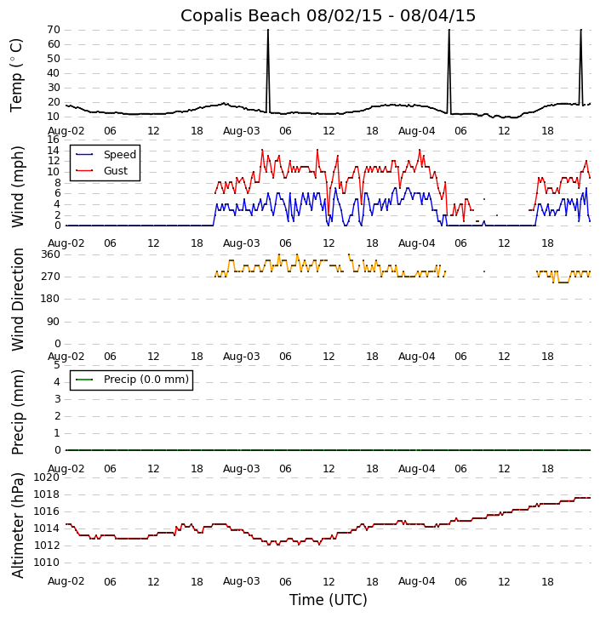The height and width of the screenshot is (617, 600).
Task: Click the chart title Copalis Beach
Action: (x=328, y=15)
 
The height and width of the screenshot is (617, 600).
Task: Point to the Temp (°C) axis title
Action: (x=17, y=74)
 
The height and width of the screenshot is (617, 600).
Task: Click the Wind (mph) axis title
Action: (x=18, y=186)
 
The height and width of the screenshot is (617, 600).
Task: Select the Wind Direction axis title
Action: (x=18, y=299)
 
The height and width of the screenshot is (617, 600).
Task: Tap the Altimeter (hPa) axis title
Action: (x=18, y=524)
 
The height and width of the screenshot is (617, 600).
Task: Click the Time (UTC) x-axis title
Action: (x=328, y=600)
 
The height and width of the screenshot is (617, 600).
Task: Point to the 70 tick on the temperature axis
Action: (x=52, y=30)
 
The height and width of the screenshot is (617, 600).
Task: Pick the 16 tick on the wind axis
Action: (x=52, y=139)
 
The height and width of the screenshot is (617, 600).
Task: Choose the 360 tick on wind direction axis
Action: (x=49, y=254)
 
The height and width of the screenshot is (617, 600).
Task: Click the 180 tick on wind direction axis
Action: (x=49, y=299)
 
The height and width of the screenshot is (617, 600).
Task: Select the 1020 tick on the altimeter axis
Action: (x=46, y=477)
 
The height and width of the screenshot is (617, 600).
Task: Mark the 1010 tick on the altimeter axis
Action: (x=46, y=563)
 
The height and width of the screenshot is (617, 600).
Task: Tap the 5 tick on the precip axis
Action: (x=56, y=365)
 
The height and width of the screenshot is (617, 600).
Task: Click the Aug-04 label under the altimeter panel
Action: (x=417, y=581)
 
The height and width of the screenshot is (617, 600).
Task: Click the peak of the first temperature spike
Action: (x=267, y=31)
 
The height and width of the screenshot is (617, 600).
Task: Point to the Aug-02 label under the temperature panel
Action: (x=66, y=131)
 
